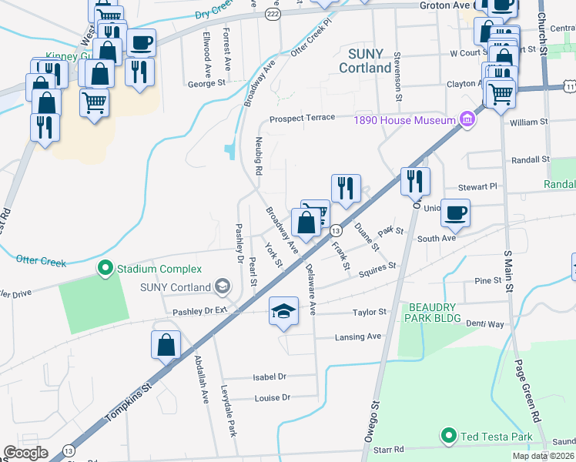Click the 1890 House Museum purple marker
click(466, 120)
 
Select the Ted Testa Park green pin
click(449, 437)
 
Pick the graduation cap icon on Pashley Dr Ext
click(283, 312)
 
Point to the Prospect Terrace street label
click(302, 118)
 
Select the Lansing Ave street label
click(358, 337)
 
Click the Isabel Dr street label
click(270, 377)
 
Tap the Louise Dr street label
click(272, 397)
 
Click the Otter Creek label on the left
click(40, 260)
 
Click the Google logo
click(26, 453)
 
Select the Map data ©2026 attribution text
click(543, 456)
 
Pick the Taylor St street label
click(369, 312)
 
